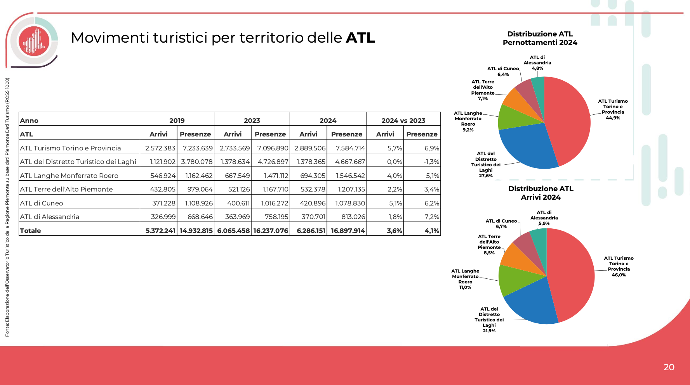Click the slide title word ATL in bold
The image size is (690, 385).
[x=360, y=38]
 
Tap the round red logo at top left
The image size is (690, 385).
[x=34, y=41]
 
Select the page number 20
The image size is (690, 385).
[x=669, y=367]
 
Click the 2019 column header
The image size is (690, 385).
[x=177, y=121]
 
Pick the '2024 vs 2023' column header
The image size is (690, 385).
[x=403, y=121]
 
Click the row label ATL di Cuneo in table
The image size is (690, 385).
[x=42, y=203]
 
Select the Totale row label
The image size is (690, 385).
[x=31, y=231]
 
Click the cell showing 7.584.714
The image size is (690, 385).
[x=350, y=148]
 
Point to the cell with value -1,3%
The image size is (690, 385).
[x=431, y=162]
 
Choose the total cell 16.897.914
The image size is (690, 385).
[x=348, y=231]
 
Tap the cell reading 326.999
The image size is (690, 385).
[x=163, y=217]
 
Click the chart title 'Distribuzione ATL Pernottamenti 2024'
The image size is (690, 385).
[x=540, y=38]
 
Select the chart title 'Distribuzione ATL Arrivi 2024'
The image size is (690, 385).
[x=541, y=193]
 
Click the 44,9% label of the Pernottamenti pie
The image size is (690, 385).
[x=613, y=118]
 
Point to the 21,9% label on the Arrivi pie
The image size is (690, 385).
[x=489, y=331]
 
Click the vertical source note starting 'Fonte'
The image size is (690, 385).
[x=7, y=207]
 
